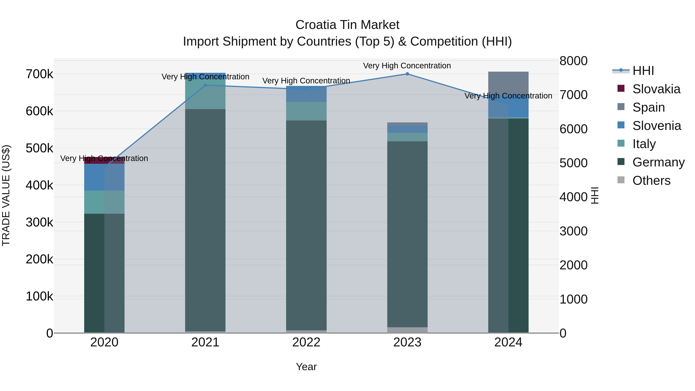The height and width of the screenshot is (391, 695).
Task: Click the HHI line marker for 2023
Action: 407,74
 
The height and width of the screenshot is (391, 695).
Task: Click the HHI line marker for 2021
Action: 205,85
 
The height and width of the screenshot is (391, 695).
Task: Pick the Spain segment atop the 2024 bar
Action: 508,84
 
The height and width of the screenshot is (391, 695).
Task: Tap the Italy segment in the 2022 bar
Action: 306,111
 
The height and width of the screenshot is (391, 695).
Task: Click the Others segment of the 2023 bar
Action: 407,330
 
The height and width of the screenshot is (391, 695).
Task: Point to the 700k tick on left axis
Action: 39,74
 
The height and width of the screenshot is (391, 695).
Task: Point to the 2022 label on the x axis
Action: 306,342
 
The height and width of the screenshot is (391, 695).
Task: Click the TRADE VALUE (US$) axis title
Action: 6,195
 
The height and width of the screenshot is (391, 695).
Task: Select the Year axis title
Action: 306,367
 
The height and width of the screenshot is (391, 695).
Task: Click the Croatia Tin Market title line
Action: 347,25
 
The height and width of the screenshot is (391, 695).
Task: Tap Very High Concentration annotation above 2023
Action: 407,66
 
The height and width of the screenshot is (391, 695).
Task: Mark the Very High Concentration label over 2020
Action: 104,158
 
